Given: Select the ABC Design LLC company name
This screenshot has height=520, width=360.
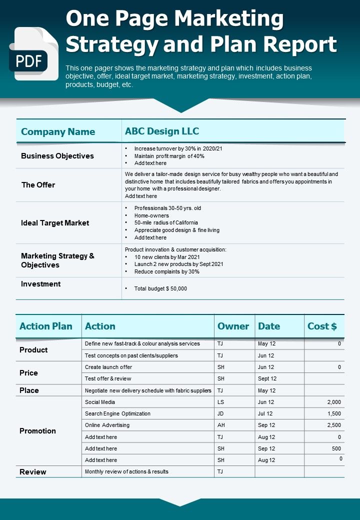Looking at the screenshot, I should pos(162,131).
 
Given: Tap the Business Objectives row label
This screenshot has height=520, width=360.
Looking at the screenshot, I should pos(57,156).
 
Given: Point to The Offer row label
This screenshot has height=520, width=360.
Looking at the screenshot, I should pos(38,185).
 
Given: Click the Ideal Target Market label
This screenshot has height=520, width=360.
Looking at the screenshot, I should pos(55,223).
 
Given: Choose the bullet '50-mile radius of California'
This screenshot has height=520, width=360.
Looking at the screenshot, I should pos(166,222).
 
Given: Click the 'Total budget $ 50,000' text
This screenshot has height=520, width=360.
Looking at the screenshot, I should pos(160,288).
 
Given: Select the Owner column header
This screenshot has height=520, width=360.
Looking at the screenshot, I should pos(233,326).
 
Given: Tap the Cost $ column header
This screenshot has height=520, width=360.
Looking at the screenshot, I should pos(322,326).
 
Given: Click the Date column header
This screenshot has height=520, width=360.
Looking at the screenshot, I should pos(269,326).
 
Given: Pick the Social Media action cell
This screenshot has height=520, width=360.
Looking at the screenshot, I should pos(100,402).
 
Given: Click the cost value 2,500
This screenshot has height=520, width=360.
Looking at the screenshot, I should pos(333,425).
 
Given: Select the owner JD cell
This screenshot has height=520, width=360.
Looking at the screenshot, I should pos(221,413).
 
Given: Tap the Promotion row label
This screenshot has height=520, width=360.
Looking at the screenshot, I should pos(37,431).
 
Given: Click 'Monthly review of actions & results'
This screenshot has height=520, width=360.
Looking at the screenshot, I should pos(126,471).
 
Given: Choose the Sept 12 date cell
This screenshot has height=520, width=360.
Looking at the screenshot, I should pos(267,378).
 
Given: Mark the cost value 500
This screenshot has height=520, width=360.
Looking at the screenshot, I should pos(336,448).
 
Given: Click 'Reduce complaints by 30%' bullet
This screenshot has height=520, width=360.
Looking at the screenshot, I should pos(167,271).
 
